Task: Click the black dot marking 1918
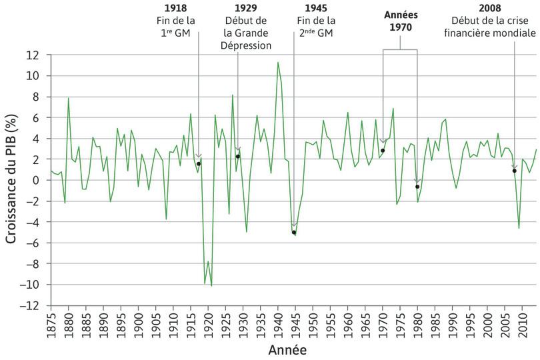(x=199, y=164)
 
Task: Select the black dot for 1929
(x=237, y=157)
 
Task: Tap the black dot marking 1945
(x=293, y=233)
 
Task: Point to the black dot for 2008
(x=515, y=171)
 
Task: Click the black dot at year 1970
(x=383, y=151)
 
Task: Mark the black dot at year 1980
(x=417, y=187)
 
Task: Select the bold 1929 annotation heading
(x=247, y=9)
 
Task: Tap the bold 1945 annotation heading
(x=316, y=9)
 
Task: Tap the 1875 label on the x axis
(x=51, y=325)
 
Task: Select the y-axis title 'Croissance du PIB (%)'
(x=11, y=180)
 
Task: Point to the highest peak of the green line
(x=278, y=62)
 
